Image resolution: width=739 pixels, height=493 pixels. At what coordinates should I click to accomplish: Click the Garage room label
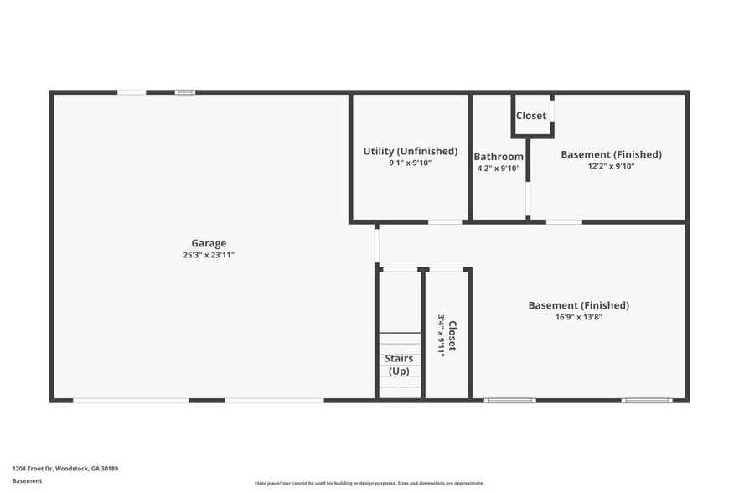pyautogui.click(x=209, y=244)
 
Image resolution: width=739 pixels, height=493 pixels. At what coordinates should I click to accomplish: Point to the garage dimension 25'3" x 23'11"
pyautogui.click(x=209, y=255)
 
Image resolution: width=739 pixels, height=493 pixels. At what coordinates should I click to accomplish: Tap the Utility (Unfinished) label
pyautogui.click(x=411, y=151)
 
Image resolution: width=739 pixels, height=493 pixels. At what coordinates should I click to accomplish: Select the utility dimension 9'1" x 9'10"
pyautogui.click(x=411, y=163)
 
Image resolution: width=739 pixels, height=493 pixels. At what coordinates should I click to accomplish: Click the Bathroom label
pyautogui.click(x=499, y=157)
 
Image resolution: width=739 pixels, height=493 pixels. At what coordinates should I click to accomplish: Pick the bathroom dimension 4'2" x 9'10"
pyautogui.click(x=499, y=169)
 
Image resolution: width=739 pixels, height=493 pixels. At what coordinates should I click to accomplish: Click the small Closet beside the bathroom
pyautogui.click(x=531, y=116)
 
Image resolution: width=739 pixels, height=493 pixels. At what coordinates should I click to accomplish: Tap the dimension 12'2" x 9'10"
pyautogui.click(x=611, y=166)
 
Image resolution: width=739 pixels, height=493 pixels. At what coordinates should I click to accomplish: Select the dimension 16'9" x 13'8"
pyautogui.click(x=578, y=317)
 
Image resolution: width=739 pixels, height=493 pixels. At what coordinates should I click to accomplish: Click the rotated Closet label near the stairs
pyautogui.click(x=452, y=335)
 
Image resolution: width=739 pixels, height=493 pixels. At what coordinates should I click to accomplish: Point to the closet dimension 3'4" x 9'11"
pyautogui.click(x=441, y=335)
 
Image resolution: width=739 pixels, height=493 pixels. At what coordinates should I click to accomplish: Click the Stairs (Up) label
pyautogui.click(x=399, y=365)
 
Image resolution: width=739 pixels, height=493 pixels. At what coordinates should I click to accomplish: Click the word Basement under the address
pyautogui.click(x=27, y=480)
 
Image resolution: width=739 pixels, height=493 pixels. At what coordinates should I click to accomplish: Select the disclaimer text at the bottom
pyautogui.click(x=369, y=483)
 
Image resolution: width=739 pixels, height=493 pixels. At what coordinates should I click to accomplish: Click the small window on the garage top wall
pyautogui.click(x=185, y=92)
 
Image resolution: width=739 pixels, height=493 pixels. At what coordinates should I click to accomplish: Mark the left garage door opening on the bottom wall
pyautogui.click(x=131, y=401)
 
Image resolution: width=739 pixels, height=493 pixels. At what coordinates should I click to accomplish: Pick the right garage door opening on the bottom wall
pyautogui.click(x=274, y=401)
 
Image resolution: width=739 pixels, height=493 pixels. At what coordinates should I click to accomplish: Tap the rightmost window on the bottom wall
pyautogui.click(x=646, y=401)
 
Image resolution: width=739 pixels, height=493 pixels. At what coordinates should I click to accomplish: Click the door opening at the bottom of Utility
pyautogui.click(x=445, y=222)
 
